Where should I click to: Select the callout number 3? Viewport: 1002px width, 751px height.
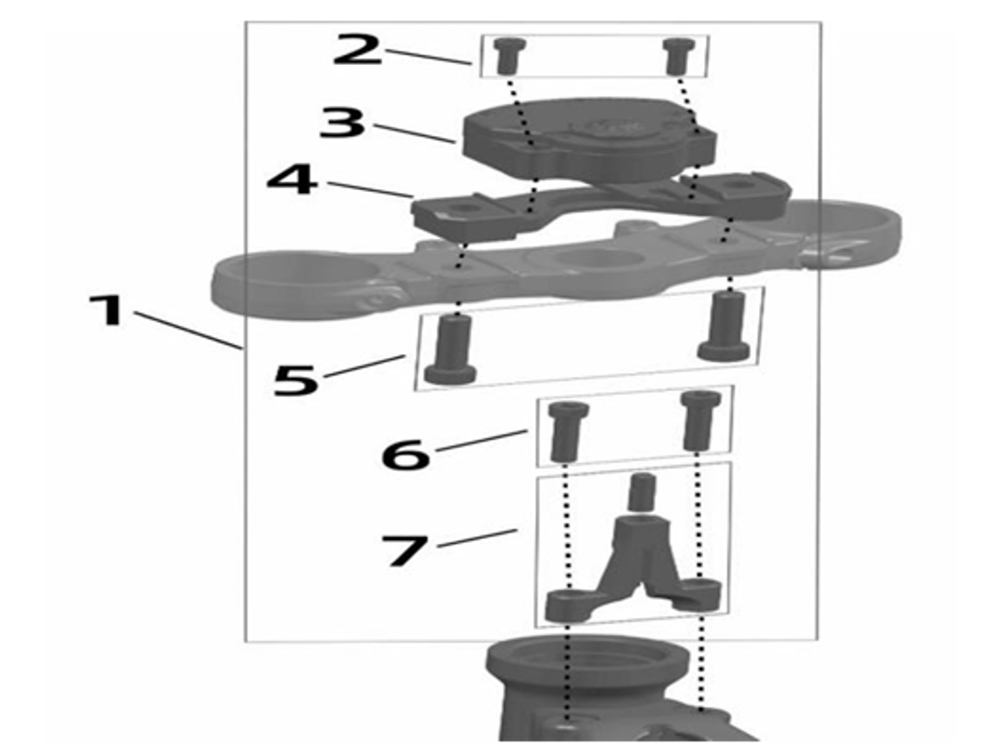tap(343, 123)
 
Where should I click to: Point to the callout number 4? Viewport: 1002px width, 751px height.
tap(291, 179)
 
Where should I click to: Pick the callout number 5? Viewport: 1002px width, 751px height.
tap(296, 380)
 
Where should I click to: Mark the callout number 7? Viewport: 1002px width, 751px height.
tap(404, 551)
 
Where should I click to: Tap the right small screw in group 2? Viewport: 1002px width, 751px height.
tap(676, 56)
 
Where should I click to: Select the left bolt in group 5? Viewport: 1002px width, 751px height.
tap(451, 351)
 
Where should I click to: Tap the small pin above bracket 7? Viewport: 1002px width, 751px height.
tap(639, 492)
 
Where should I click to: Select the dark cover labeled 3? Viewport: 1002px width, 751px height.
tap(584, 138)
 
